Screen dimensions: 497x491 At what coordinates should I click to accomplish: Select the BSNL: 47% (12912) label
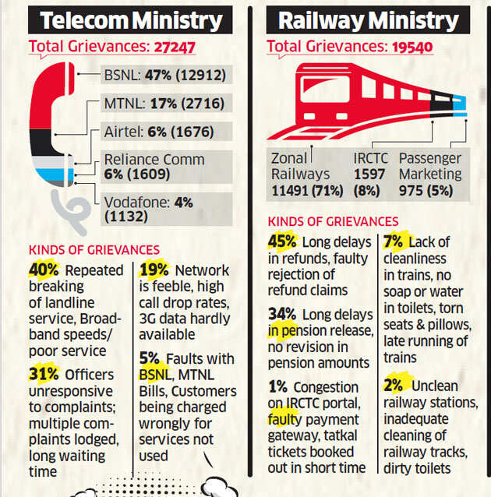coord(164,76)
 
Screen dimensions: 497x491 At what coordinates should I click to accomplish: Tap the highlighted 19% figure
coord(154,270)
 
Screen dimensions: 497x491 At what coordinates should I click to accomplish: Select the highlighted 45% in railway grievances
coord(281,242)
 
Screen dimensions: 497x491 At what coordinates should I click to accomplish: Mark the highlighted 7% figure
coord(394,242)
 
